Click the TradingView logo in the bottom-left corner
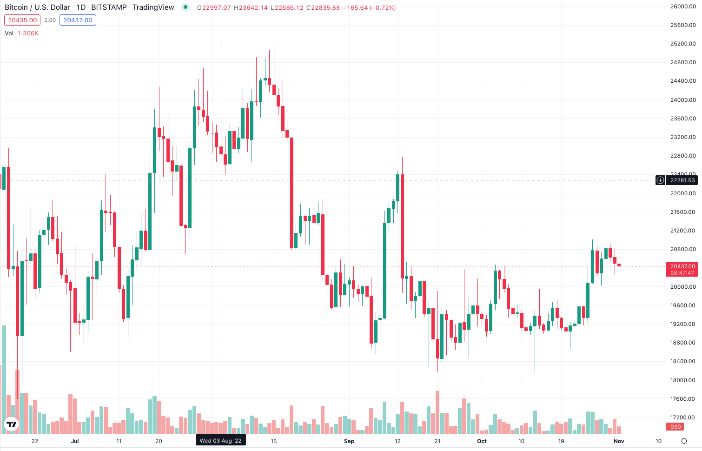coord(11,424)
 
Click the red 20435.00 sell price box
coord(22,20)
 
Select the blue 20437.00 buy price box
coord(78,20)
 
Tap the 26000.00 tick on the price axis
coord(683,7)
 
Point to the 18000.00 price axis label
coord(683,380)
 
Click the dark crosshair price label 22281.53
coord(682,180)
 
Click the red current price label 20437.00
coord(682,266)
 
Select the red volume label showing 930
coord(676,427)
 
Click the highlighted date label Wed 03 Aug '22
coord(221,441)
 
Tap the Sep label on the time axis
coord(349,441)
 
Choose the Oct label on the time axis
coord(482,441)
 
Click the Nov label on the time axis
coord(619,441)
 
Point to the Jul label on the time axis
coord(75,441)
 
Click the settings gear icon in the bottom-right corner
coord(684,441)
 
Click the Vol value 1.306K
coord(28,33)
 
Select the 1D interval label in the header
coord(81,7)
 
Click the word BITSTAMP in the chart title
coord(109,7)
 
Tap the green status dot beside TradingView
coord(185,7)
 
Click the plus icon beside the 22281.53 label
coord(660,180)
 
